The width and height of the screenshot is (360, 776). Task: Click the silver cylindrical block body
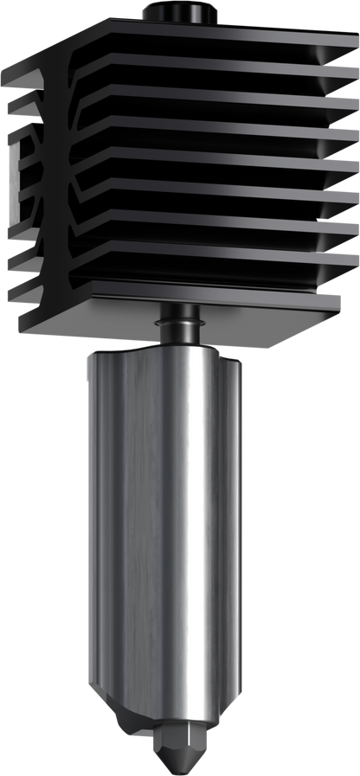164,519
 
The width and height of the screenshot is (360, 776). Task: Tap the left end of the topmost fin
10,74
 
